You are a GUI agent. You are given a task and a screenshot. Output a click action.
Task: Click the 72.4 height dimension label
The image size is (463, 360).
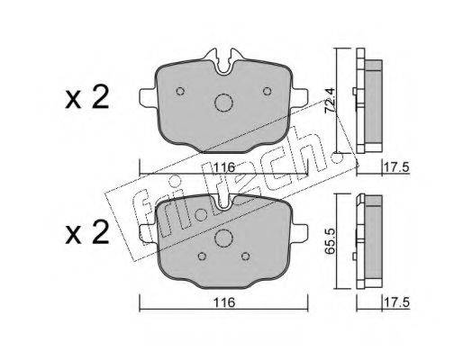click(x=330, y=100)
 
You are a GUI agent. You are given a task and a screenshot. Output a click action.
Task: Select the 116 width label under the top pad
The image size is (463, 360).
click(x=225, y=167)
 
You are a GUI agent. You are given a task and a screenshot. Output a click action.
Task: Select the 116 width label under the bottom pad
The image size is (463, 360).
click(x=225, y=302)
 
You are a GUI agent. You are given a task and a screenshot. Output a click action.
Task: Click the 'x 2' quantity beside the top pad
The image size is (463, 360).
click(x=87, y=98)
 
